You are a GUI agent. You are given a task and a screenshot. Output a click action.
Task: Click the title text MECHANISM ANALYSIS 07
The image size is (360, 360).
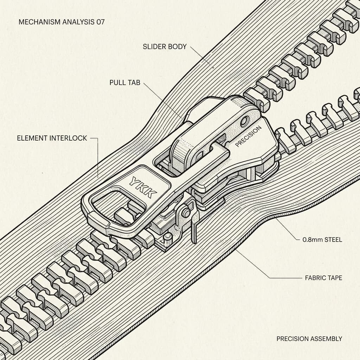62,22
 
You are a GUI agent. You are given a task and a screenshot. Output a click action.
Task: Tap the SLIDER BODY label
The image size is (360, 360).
165,47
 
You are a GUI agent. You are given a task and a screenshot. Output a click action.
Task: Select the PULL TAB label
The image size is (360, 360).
125,83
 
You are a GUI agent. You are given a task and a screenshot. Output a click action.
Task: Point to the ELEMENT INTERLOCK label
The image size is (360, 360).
52,138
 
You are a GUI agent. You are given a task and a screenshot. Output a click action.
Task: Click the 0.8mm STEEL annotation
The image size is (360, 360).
322,240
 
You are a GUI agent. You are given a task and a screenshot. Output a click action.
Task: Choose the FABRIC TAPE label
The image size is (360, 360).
323,278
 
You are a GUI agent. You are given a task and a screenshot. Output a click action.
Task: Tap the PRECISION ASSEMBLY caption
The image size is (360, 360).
309,339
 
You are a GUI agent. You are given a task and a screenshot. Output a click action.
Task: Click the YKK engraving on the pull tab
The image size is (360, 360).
143,187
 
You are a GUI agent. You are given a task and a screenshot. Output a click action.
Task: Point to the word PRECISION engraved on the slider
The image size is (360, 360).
248,136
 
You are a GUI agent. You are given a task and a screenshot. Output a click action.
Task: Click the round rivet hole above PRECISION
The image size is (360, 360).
245,121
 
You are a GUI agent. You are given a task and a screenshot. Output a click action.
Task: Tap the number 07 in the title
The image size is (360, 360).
101,22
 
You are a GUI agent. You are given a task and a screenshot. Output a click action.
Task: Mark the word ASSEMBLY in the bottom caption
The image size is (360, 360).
326,339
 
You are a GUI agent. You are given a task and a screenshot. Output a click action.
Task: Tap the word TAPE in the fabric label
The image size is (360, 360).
335,278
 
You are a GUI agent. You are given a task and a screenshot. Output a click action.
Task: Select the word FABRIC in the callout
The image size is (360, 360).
315,278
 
